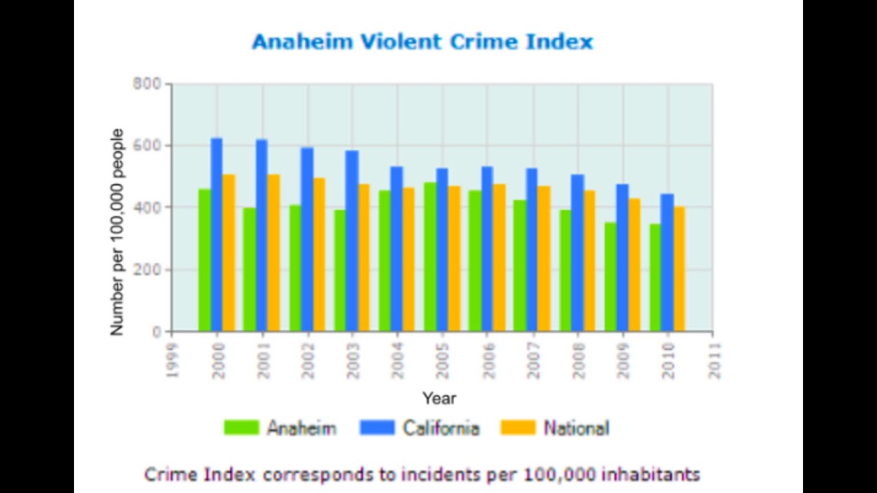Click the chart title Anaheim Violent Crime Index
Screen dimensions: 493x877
tap(422, 42)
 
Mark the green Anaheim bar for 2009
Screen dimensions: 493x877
tap(610, 277)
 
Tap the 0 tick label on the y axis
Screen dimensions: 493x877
tap(157, 332)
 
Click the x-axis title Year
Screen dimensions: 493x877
tap(438, 398)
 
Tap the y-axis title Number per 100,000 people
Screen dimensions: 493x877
tap(117, 231)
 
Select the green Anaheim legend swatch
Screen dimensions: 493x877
tap(241, 428)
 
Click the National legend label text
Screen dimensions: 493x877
tap(576, 428)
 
